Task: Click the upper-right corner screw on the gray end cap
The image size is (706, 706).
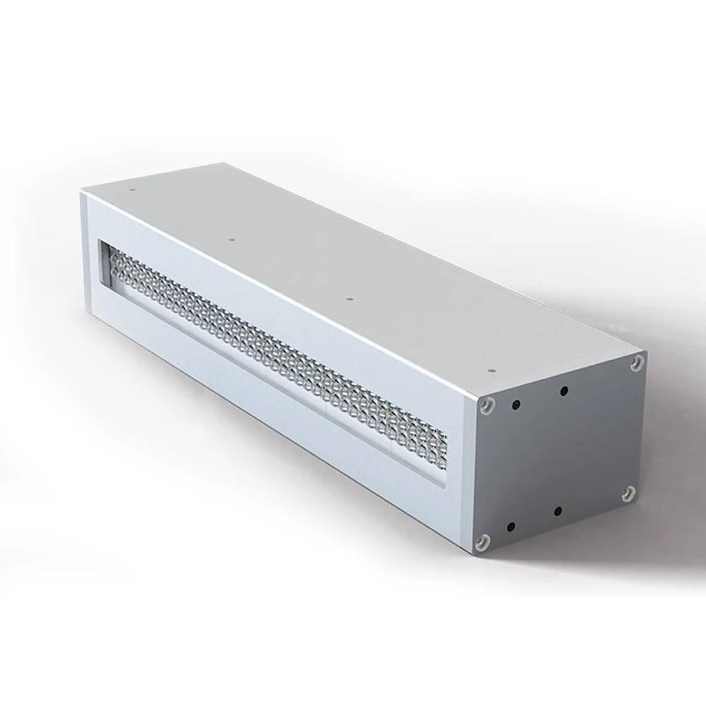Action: [638, 361]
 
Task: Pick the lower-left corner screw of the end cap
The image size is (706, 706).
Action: [482, 542]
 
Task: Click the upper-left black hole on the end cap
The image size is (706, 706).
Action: [516, 404]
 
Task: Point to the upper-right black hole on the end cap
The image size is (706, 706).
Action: [563, 390]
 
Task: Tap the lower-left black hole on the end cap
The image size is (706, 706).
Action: [510, 526]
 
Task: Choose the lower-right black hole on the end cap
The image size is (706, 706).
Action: [558, 510]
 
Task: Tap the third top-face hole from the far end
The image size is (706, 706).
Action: [347, 301]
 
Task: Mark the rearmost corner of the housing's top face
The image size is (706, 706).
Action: [225, 164]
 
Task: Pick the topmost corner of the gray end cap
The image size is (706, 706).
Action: [644, 351]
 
